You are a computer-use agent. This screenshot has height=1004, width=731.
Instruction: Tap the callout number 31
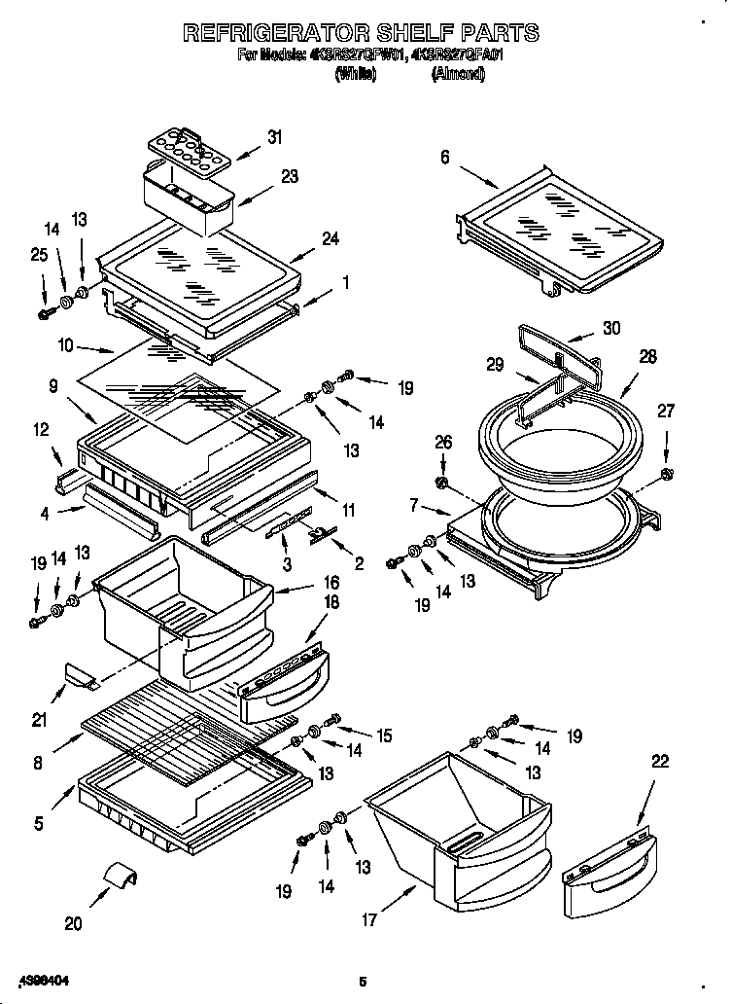pos(275,138)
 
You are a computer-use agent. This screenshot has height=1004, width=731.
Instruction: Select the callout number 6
pos(444,157)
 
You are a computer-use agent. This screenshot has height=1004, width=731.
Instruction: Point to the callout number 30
pos(609,329)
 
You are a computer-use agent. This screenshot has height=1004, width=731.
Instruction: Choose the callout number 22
pos(659,762)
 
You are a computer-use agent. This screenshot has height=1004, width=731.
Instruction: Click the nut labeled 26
pos(443,483)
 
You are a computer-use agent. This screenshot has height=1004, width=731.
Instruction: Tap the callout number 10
pos(65,343)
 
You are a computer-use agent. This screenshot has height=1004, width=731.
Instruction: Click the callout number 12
pos(40,429)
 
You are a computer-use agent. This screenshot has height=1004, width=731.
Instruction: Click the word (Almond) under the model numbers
pos(458,74)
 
